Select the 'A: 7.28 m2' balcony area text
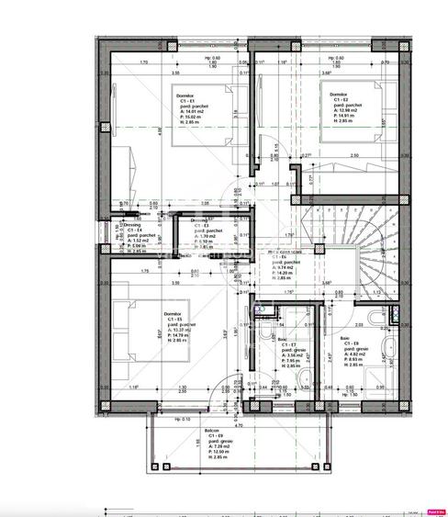coord(195,447)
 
